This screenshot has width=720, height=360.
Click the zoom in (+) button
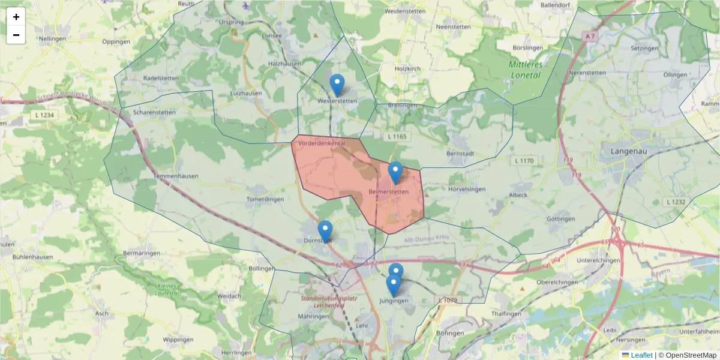point(16,17)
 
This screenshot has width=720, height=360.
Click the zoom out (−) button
point(16,35)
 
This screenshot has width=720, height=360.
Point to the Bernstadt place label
point(461,154)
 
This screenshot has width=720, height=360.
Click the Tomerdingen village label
point(265,199)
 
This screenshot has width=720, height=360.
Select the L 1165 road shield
point(397,137)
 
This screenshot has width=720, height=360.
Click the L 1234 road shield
point(44,114)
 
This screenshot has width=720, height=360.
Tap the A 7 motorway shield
point(591,37)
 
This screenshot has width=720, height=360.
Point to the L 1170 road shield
point(524,161)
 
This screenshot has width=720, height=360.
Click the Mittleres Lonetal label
point(525,70)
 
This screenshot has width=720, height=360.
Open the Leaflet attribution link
point(641,355)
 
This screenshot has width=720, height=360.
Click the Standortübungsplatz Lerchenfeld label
point(329,301)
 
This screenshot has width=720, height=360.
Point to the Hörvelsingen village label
point(467,190)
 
